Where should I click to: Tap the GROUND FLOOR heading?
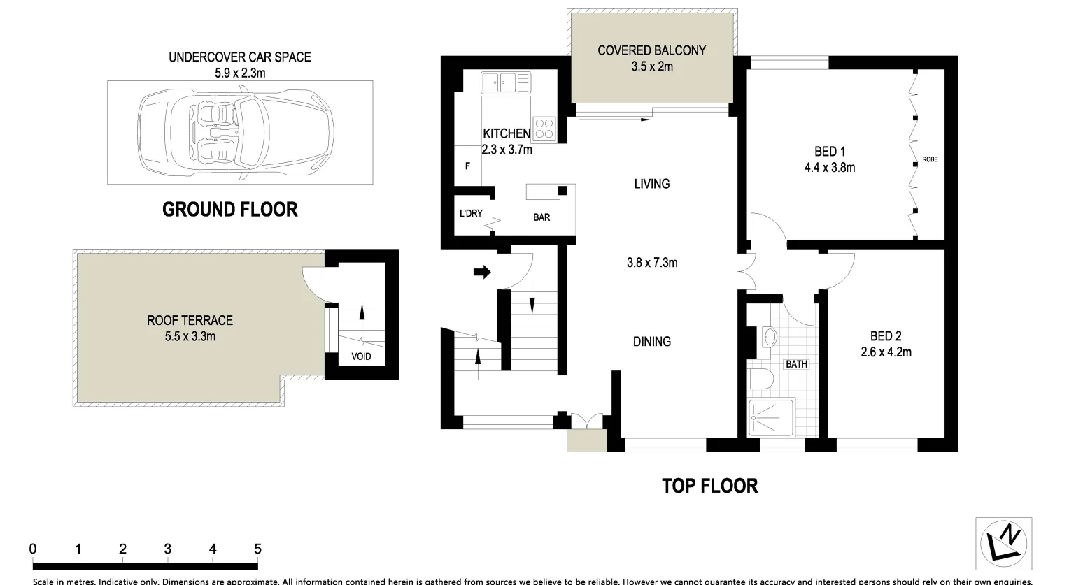[229, 210]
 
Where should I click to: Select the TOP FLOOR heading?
[709, 486]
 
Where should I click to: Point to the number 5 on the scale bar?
[257, 549]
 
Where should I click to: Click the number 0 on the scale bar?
[33, 549]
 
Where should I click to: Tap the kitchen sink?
[497, 83]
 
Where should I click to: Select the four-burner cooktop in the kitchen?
[544, 129]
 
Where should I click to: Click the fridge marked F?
[467, 166]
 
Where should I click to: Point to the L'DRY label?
[471, 213]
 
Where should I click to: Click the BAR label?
[541, 217]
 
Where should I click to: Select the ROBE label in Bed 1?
[930, 159]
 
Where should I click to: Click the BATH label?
[796, 364]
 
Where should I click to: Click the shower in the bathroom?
[771, 418]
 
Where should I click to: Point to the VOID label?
[361, 357]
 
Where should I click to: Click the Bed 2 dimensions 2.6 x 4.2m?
[886, 352]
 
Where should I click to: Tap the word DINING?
[652, 342]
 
